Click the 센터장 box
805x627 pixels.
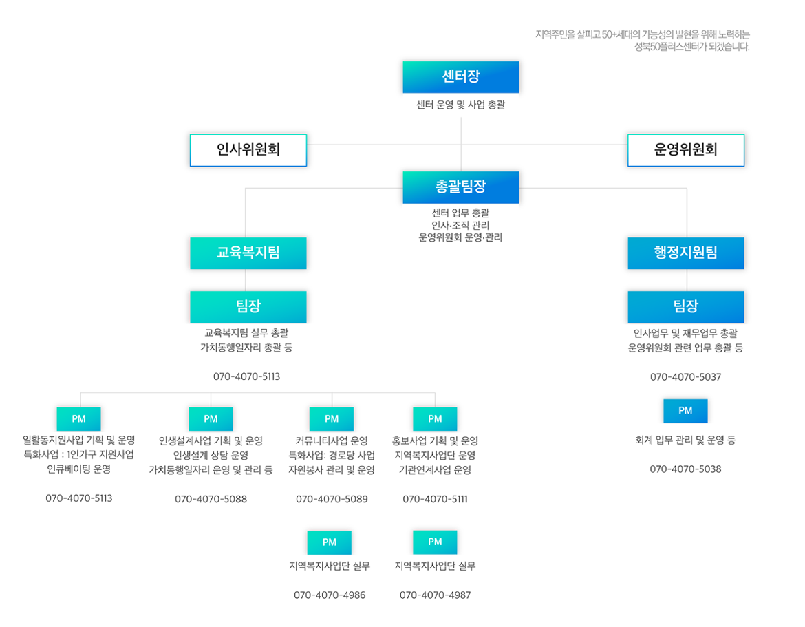(x=460, y=76)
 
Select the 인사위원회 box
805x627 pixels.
(x=248, y=149)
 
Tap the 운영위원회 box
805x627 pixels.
(x=685, y=149)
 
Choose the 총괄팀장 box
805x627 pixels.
(x=460, y=187)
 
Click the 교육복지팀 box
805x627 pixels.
(x=248, y=253)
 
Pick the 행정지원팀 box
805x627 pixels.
(x=685, y=253)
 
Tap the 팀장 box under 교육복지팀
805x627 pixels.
(x=248, y=306)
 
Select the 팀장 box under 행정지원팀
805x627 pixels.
(x=685, y=306)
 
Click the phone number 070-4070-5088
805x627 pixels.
(x=211, y=499)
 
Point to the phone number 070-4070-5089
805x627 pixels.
(x=332, y=499)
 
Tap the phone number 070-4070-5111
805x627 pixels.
(x=435, y=499)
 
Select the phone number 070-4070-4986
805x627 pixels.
(x=330, y=595)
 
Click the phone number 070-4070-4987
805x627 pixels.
(x=435, y=595)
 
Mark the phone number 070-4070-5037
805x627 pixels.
(x=685, y=377)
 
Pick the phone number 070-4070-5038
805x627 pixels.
(x=685, y=469)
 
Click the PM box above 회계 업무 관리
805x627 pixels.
(x=685, y=411)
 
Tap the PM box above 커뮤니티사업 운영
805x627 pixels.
(x=332, y=418)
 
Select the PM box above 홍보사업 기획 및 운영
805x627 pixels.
(x=435, y=418)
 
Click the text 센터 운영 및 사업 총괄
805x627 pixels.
(x=460, y=105)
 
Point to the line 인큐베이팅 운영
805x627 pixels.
(x=78, y=469)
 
